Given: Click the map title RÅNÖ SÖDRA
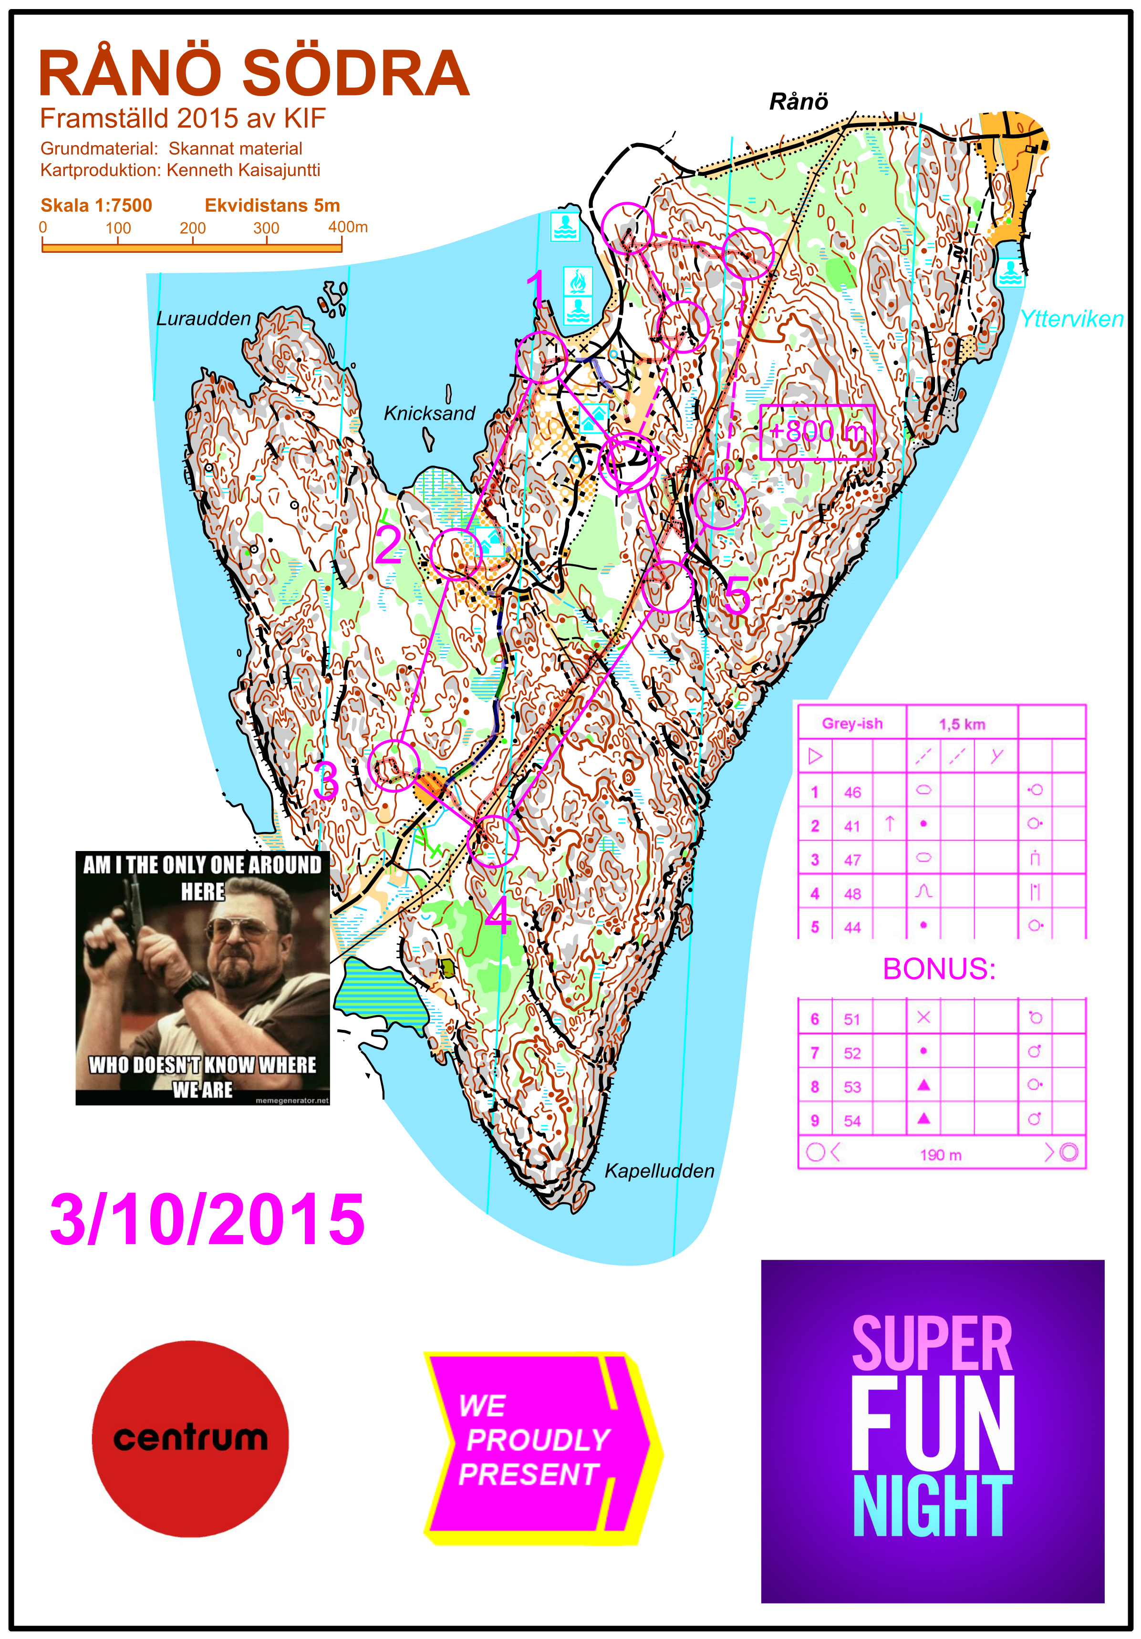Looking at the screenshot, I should point(253,73).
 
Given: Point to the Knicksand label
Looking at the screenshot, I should point(429,413).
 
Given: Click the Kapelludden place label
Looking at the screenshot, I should point(659,1171).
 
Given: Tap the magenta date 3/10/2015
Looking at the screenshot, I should point(207,1219).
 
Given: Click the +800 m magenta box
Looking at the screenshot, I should point(817,432).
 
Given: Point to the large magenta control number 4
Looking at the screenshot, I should point(498,914).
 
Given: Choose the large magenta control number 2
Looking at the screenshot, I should point(388,545).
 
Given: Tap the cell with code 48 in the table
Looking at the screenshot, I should point(852,894).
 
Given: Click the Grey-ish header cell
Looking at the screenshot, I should point(852,724).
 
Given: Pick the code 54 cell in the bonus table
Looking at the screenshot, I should point(852,1121).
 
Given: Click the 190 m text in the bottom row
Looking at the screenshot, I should point(940,1155).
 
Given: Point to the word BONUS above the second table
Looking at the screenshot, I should point(939,969).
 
